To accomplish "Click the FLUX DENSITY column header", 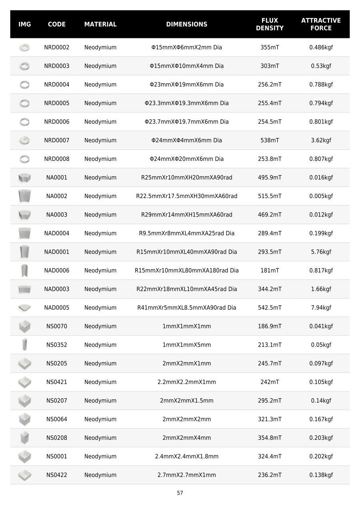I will tap(270, 24).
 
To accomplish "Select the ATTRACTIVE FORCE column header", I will tap(321, 24).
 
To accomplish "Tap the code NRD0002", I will tap(56, 48).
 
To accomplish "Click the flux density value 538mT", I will tap(270, 140).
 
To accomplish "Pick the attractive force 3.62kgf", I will tap(321, 140).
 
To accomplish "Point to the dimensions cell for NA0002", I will tap(186, 196).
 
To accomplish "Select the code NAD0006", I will tap(56, 271).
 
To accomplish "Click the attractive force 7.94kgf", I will tap(321, 308).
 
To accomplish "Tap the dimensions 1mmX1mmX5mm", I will tap(186, 345).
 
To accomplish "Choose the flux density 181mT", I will tap(270, 271).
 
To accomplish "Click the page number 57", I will tap(180, 493).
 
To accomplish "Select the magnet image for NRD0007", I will tap(24, 140).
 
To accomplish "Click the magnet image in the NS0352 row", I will tap(24, 345).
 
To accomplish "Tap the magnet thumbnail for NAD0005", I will tap(24, 308).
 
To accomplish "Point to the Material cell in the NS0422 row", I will tap(100, 475).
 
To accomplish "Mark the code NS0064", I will tap(56, 419).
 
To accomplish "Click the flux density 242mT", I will tap(270, 382).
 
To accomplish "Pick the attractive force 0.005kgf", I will tap(321, 196).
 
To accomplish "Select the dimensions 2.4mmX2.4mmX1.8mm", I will tap(186, 457).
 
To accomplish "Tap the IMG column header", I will tap(24, 24).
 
